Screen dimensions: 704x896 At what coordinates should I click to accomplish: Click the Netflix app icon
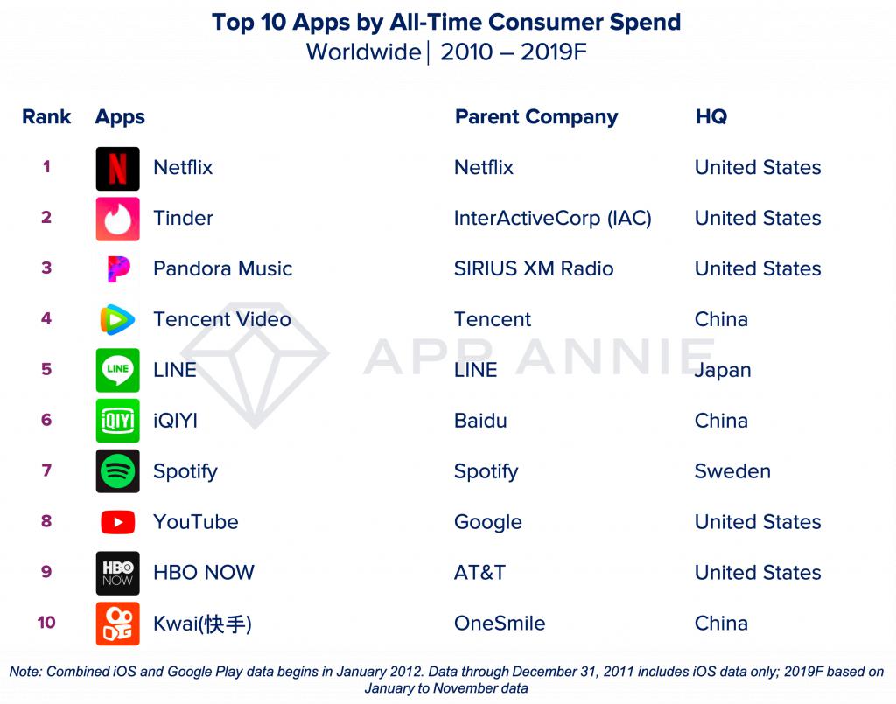click(x=117, y=168)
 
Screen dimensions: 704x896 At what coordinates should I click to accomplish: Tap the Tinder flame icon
click(x=117, y=219)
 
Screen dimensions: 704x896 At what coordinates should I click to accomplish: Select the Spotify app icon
click(x=117, y=471)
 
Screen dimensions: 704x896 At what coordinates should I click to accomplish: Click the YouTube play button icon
click(x=117, y=522)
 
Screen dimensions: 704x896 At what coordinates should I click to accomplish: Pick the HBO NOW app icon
click(x=117, y=573)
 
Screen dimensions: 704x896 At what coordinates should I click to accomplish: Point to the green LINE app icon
click(x=117, y=370)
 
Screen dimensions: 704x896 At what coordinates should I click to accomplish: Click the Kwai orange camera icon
click(x=117, y=624)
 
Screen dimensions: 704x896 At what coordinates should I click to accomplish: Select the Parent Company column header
click(x=535, y=117)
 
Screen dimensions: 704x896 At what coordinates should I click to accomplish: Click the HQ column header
click(x=710, y=117)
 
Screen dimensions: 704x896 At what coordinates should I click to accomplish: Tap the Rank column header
click(x=46, y=117)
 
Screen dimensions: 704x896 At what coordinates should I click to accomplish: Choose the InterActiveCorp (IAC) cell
click(x=552, y=219)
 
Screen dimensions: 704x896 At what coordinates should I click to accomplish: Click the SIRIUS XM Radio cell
click(x=533, y=268)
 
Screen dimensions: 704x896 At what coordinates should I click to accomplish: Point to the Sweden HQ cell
click(x=732, y=471)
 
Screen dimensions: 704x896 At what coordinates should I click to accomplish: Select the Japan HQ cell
click(x=723, y=370)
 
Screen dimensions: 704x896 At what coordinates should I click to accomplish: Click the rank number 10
click(x=46, y=623)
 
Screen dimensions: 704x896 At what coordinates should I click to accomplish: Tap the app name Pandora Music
click(x=222, y=268)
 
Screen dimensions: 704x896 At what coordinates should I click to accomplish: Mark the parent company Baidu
click(x=480, y=421)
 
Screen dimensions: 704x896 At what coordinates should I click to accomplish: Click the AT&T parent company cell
click(x=479, y=573)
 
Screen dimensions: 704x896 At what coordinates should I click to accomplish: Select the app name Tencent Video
click(x=221, y=319)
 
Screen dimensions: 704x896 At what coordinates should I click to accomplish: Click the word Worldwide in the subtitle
click(x=363, y=52)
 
